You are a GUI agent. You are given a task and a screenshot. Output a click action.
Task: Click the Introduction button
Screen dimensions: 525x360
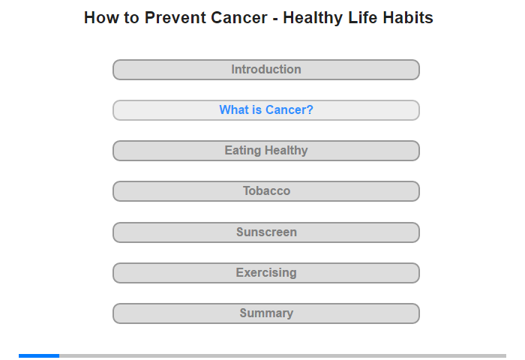pos(266,70)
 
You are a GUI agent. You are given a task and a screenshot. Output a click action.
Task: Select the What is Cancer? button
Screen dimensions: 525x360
pos(266,110)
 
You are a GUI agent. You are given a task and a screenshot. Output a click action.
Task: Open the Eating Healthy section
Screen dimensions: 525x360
pos(266,151)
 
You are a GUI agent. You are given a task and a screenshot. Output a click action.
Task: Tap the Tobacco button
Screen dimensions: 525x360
pos(266,191)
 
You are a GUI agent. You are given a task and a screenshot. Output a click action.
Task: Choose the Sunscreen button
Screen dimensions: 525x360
pos(266,232)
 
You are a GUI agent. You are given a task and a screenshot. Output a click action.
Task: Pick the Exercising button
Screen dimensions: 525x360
pos(266,273)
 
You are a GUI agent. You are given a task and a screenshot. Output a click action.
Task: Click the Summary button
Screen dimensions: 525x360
pos(266,313)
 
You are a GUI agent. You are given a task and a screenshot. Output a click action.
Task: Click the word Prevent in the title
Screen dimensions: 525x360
pos(172,18)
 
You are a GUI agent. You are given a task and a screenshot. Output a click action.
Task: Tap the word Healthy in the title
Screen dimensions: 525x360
pos(313,19)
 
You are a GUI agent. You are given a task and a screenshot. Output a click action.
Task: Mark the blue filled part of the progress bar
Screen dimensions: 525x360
pos(39,355)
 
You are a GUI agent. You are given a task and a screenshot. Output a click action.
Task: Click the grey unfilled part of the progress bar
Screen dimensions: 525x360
pos(283,355)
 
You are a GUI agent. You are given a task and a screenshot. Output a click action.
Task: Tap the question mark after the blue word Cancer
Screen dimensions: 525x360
pos(310,109)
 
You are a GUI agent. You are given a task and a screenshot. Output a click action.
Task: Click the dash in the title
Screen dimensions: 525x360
pos(275,19)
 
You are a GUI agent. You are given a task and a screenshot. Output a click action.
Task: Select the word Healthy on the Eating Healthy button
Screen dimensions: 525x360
pos(286,151)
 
